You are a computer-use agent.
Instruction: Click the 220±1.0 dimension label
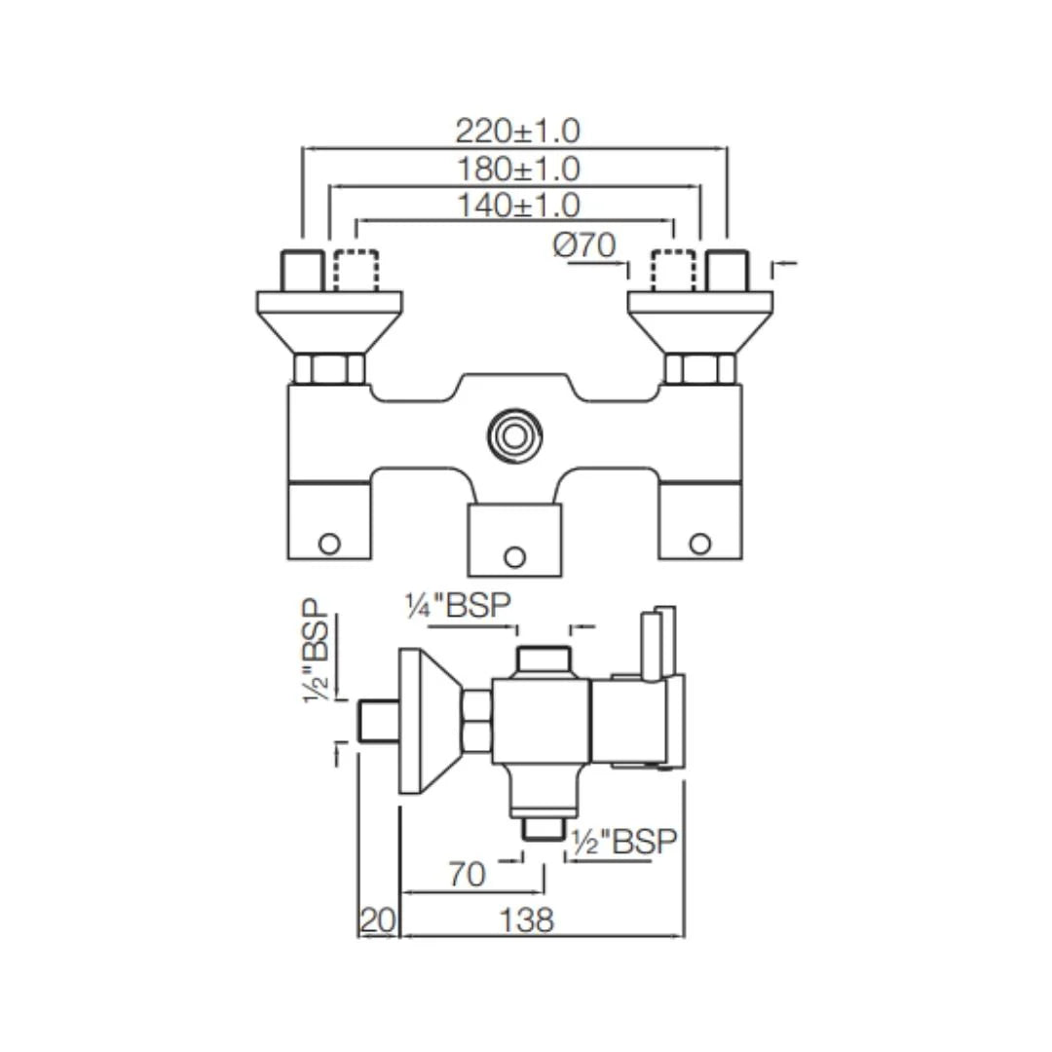(517, 131)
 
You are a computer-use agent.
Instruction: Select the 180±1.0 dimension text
(518, 169)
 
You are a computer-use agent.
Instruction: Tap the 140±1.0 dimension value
(518, 205)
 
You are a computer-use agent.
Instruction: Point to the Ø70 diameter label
(583, 245)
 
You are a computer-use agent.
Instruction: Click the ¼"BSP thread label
(458, 605)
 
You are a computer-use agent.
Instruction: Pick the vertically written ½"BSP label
(317, 650)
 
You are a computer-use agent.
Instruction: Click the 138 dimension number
(527, 920)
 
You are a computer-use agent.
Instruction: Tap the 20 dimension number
(378, 920)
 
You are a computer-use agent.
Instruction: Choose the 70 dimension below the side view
(467, 875)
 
